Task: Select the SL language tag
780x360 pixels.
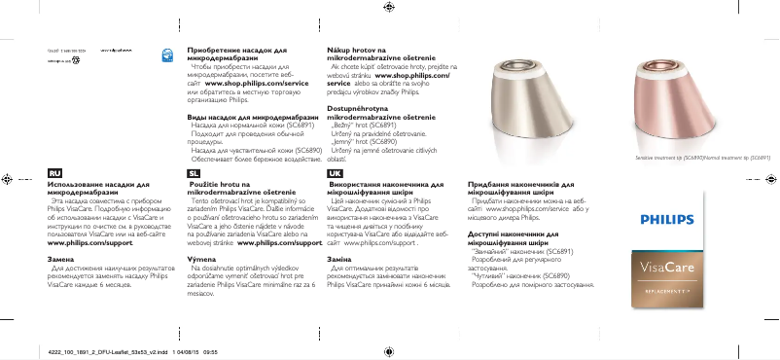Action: click(194, 172)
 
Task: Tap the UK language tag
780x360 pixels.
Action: click(335, 172)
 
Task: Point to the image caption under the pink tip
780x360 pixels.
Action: click(690, 157)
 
